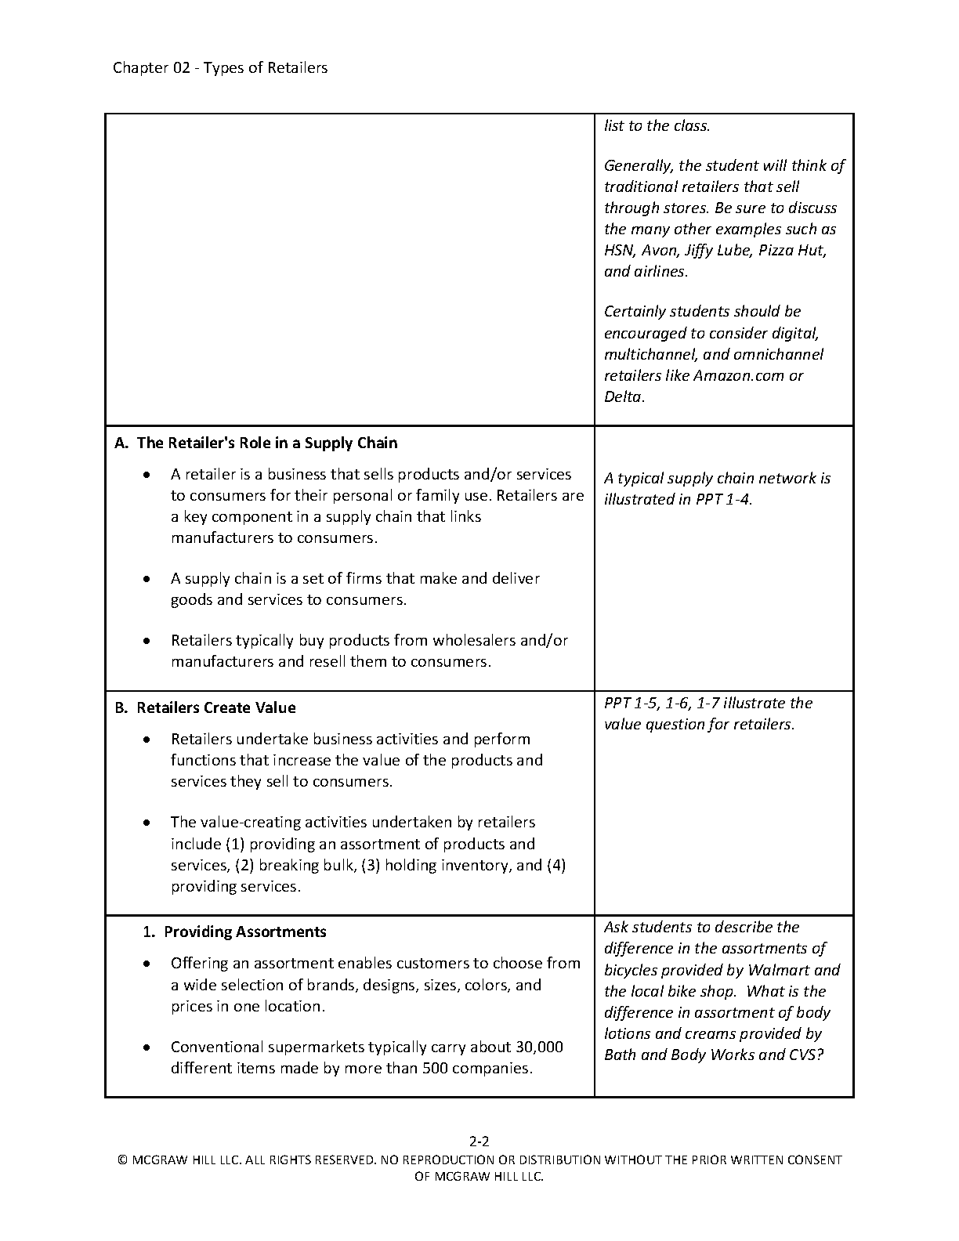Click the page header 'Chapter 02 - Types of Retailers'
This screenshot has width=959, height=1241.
point(220,67)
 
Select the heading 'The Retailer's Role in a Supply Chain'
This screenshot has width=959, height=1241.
point(266,443)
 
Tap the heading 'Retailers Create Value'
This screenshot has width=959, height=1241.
point(215,707)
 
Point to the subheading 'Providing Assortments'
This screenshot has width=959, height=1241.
point(244,932)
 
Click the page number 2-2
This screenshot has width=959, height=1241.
point(479,1141)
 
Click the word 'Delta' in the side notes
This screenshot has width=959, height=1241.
point(623,396)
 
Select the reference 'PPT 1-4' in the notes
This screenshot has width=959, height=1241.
point(722,499)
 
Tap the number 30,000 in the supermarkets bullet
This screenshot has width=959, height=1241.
point(539,1047)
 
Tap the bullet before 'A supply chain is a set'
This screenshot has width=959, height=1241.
point(147,579)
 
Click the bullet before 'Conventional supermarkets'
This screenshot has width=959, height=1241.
point(147,1047)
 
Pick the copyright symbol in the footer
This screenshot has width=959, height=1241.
point(122,1160)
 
